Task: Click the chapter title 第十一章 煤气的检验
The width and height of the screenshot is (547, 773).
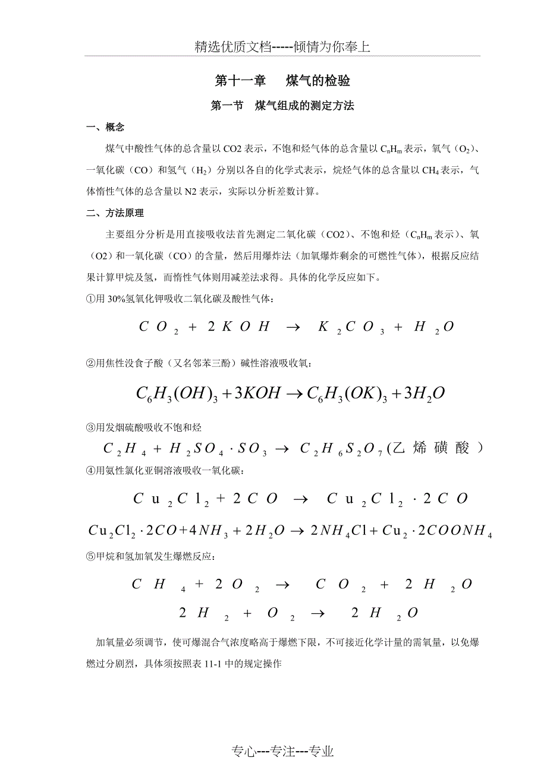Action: tap(282, 81)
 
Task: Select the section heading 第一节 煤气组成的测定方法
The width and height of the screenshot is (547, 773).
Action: tap(282, 106)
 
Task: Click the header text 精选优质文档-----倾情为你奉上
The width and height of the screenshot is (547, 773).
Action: tap(282, 47)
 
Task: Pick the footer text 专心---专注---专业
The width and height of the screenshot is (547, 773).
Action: tap(282, 752)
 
